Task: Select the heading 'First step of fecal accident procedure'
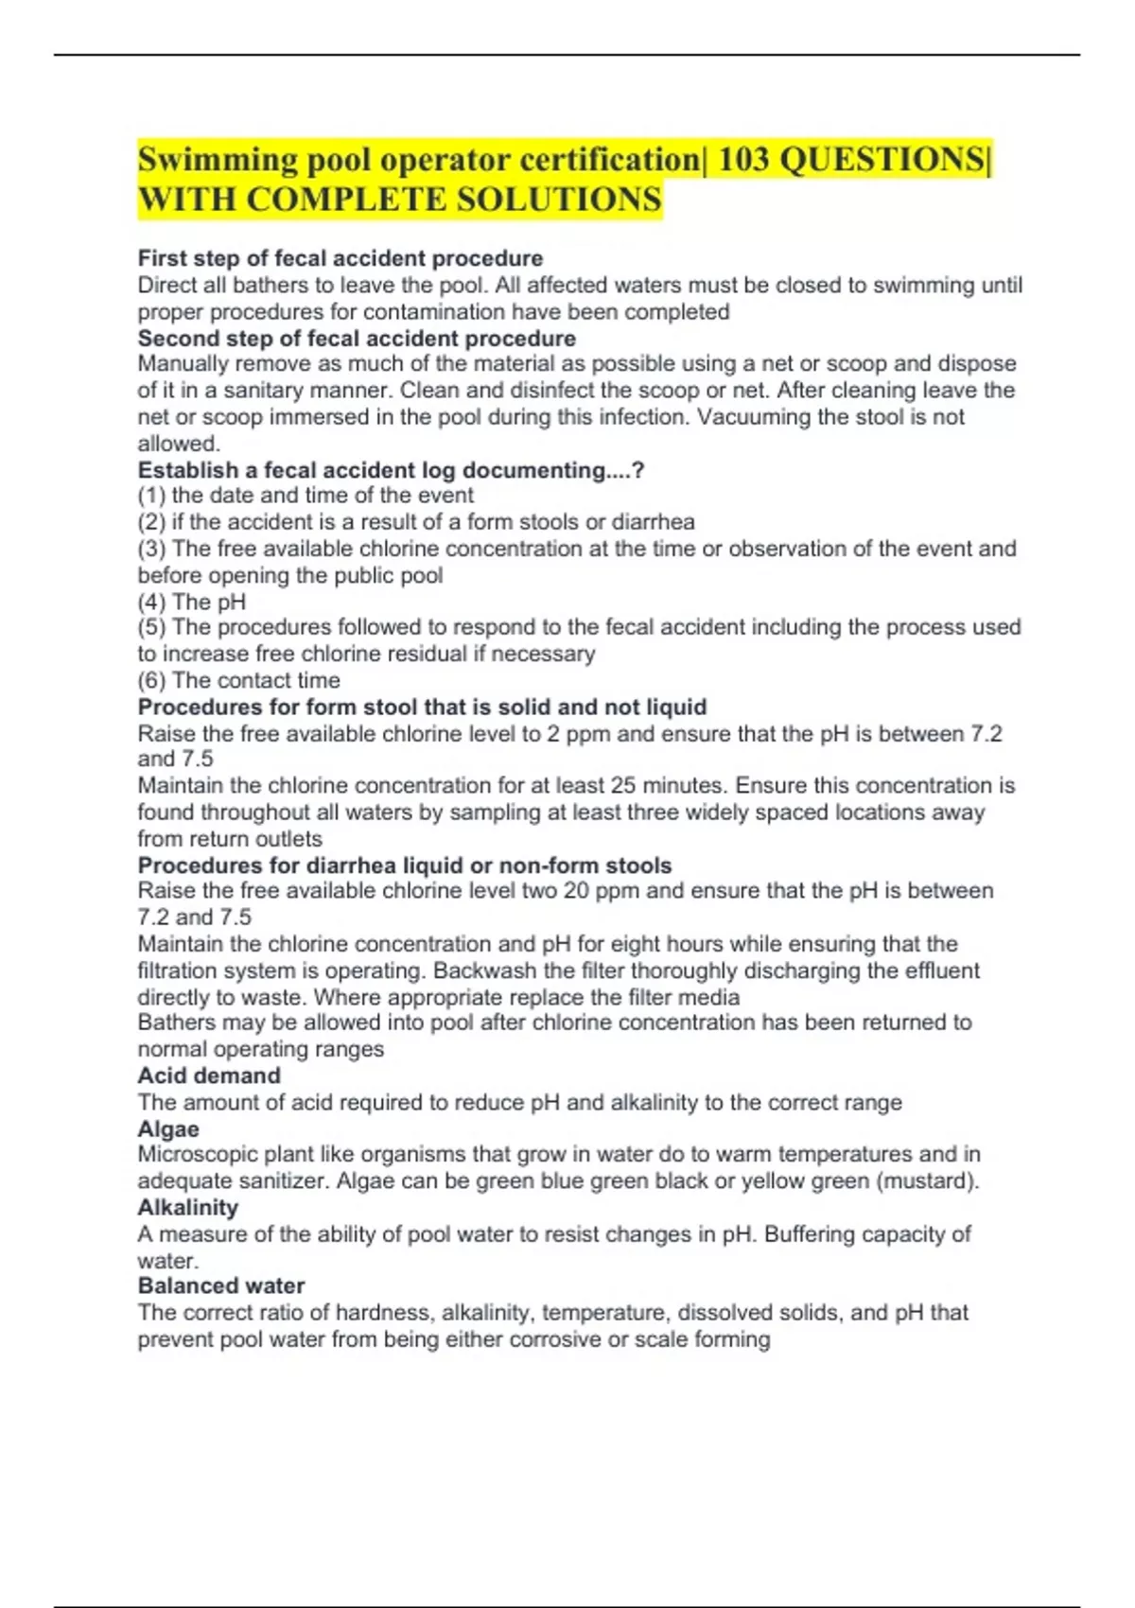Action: pos(340,258)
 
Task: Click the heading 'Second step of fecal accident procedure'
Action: pos(357,339)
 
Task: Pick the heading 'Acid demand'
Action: pos(209,1075)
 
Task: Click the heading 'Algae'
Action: pos(168,1128)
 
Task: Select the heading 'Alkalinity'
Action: pos(188,1208)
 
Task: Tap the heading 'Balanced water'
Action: pos(221,1286)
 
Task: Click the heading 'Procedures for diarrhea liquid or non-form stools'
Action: pos(405,865)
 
